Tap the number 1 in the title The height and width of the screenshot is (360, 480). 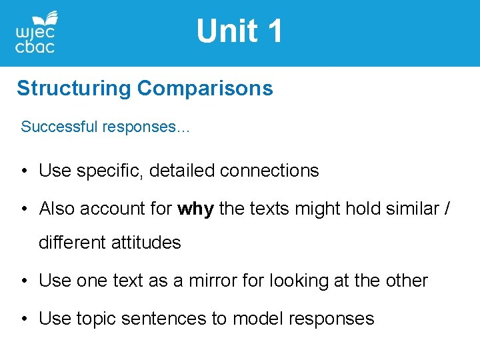click(x=274, y=31)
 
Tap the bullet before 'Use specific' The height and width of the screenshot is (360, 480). click(x=23, y=171)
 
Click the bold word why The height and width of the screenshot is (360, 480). click(x=195, y=209)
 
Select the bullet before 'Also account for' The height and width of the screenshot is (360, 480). click(x=23, y=209)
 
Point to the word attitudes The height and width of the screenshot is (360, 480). click(x=150, y=243)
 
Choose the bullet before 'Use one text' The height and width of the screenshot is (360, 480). click(x=23, y=281)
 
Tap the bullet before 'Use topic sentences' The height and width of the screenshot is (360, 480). click(x=23, y=319)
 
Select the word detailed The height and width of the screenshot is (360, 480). click(x=181, y=171)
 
